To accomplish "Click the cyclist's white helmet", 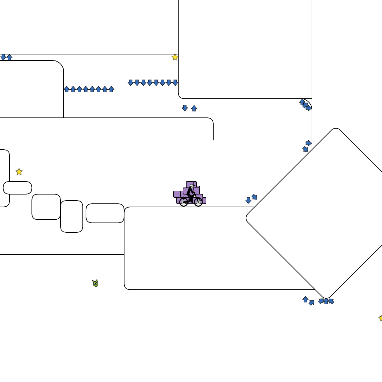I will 192,186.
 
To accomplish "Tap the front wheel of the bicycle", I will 198,202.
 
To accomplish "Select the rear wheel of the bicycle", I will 184,202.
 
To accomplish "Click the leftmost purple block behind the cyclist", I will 177,194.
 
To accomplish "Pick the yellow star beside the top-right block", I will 175,57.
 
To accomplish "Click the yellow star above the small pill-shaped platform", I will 19,172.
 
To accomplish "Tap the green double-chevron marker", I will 95,283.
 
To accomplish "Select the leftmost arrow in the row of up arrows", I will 67,89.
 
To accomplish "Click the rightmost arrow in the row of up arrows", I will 111,89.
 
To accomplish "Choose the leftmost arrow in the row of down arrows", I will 131,83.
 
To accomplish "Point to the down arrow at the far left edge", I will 3,57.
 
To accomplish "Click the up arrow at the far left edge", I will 10,57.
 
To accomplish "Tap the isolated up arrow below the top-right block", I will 194,108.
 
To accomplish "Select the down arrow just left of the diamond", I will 248,200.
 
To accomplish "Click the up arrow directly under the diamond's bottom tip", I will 326,301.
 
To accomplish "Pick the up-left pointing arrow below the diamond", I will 331,301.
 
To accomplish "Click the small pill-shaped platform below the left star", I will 18,188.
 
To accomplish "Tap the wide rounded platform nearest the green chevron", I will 105,213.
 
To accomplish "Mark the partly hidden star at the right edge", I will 381,318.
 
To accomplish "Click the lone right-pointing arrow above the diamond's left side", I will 308,143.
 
